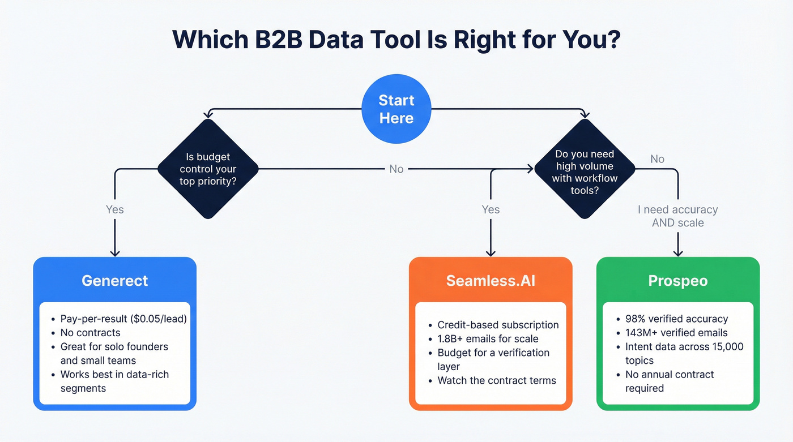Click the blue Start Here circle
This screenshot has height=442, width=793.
pos(396,109)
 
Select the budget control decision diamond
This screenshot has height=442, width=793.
pos(208,169)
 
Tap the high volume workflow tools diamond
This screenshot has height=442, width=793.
pos(585,169)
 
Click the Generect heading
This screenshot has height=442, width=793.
pos(114,281)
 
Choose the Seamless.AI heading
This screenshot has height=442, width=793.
pos(491,281)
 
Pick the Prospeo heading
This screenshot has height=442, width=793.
pos(677,281)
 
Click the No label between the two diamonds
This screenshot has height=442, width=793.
pos(396,169)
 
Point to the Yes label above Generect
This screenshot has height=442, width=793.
pos(114,209)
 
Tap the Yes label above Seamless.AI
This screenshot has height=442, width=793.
pos(491,209)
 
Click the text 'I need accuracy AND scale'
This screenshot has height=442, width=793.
pos(677,216)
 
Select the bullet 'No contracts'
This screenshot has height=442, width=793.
pos(90,333)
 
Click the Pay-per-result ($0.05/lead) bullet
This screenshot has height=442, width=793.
pos(123,319)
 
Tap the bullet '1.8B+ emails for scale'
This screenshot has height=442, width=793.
pos(488,338)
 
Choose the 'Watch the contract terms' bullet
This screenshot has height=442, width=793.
pos(497,380)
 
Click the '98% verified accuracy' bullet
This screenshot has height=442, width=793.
pos(676,319)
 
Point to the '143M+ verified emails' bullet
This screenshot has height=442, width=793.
pos(676,333)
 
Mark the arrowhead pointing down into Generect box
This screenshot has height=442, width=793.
pos(114,253)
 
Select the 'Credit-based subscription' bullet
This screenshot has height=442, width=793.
pos(498,325)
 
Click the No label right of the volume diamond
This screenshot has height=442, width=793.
pos(657,159)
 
